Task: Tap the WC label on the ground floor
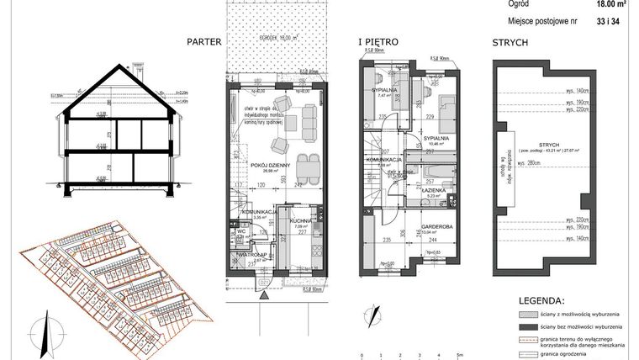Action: point(239,232)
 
